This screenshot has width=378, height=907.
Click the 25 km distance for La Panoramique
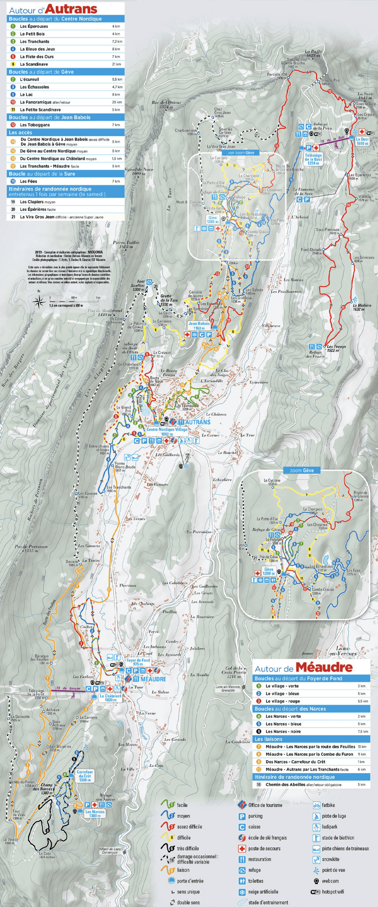(117, 102)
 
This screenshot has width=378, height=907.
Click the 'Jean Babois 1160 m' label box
(199, 326)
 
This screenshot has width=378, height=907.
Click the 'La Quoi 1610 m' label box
(362, 141)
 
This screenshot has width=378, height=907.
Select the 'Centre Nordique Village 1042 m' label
(167, 432)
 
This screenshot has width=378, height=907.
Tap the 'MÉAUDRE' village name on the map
(153, 679)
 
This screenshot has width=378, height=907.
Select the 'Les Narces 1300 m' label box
(95, 813)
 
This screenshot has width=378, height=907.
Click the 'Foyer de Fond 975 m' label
(138, 662)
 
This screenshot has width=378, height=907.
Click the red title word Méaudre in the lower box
(324, 667)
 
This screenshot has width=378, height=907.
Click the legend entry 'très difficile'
(187, 848)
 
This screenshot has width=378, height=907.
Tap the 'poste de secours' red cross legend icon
(242, 849)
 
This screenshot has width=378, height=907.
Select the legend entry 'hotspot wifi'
(333, 892)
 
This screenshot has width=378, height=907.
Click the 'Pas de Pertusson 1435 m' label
(31, 548)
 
